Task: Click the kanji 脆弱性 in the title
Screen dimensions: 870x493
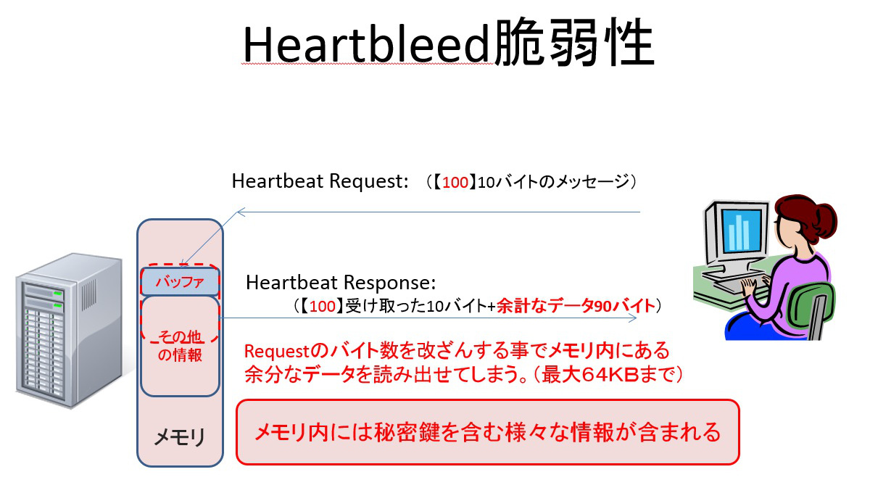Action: [575, 42]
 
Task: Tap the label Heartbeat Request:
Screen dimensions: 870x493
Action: [320, 181]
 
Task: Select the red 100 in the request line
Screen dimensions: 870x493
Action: [455, 182]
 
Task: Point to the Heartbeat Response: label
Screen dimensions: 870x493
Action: [341, 283]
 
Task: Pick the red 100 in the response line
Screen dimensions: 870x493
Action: [323, 306]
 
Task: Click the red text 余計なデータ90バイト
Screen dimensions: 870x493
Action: [576, 306]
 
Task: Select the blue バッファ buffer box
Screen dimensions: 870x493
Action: [181, 281]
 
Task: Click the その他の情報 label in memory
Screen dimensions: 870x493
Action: [181, 346]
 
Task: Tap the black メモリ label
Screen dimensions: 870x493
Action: [180, 437]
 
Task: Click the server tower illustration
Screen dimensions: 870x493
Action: [69, 330]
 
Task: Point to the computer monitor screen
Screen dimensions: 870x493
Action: [742, 231]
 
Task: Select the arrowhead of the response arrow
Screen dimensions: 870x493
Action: [633, 318]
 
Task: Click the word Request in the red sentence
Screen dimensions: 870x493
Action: [276, 351]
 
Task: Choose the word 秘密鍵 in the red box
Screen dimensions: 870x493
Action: [407, 432]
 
